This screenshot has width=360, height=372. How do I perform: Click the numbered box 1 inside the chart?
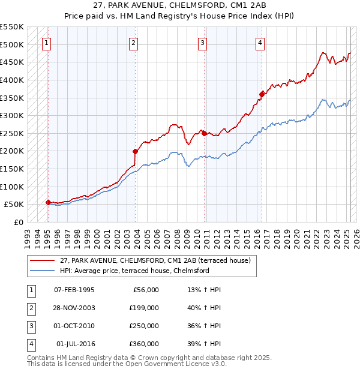pyautogui.click(x=46, y=43)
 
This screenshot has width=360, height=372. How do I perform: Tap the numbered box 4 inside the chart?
pyautogui.click(x=260, y=43)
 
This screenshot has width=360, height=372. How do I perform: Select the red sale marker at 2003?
pyautogui.click(x=135, y=151)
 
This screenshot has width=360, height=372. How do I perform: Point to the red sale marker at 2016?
pyautogui.click(x=262, y=94)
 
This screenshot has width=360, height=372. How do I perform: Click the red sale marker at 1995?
pyautogui.click(x=48, y=202)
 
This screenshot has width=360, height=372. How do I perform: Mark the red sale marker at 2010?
pyautogui.click(x=204, y=133)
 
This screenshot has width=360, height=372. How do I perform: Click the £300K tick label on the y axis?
pyautogui.click(x=12, y=115)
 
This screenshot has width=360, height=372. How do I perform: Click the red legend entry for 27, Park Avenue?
pyautogui.click(x=158, y=260)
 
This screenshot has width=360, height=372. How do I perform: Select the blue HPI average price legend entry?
pyautogui.click(x=134, y=271)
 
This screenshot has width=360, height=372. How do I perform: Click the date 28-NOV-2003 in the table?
pyautogui.click(x=74, y=308)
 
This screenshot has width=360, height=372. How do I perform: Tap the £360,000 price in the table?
pyautogui.click(x=144, y=344)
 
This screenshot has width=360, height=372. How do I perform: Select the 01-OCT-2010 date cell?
pyautogui.click(x=74, y=326)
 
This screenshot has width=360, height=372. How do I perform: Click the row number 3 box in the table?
pyautogui.click(x=31, y=326)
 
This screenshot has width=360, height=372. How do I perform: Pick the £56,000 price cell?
pyautogui.click(x=144, y=290)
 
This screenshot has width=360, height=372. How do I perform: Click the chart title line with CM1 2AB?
pyautogui.click(x=179, y=5)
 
